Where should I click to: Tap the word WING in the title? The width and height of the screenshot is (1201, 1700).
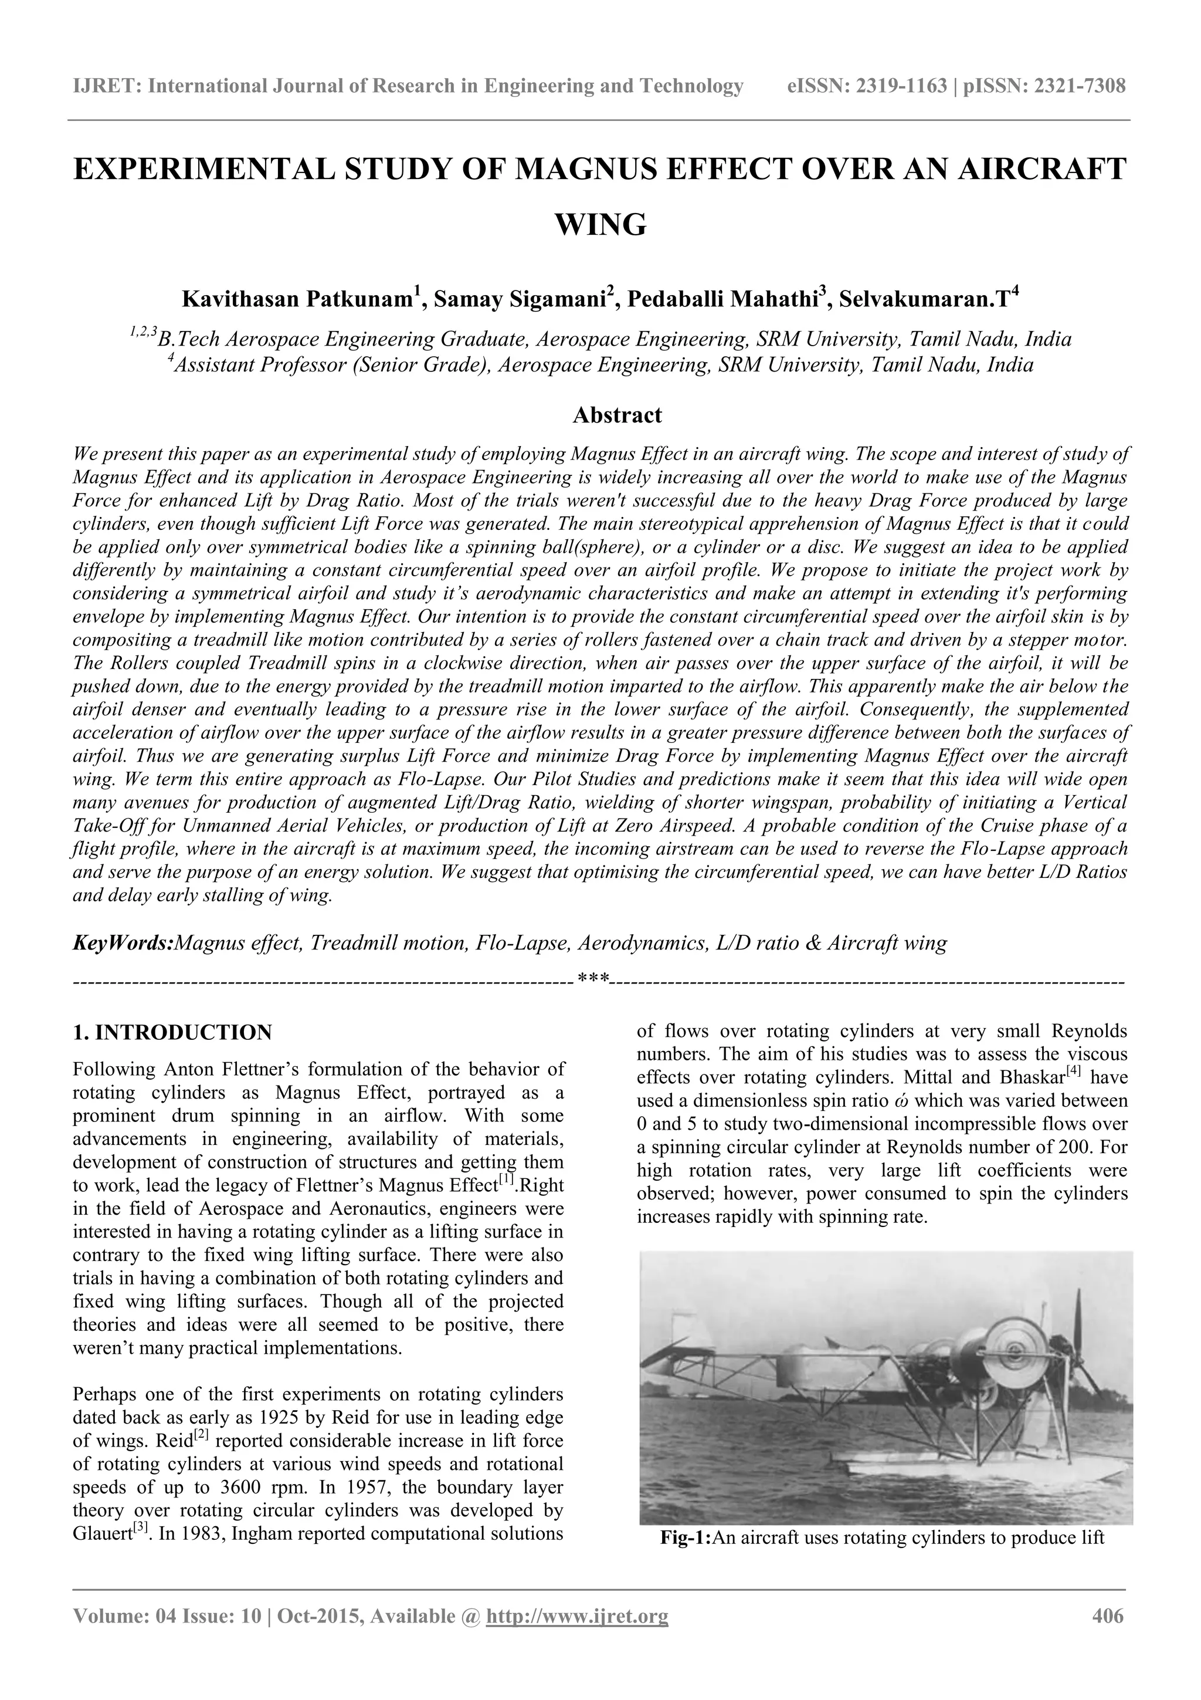tap(600, 224)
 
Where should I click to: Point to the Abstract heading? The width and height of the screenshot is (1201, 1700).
tap(617, 415)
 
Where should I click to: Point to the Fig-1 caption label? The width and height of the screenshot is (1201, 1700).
tap(684, 1538)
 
